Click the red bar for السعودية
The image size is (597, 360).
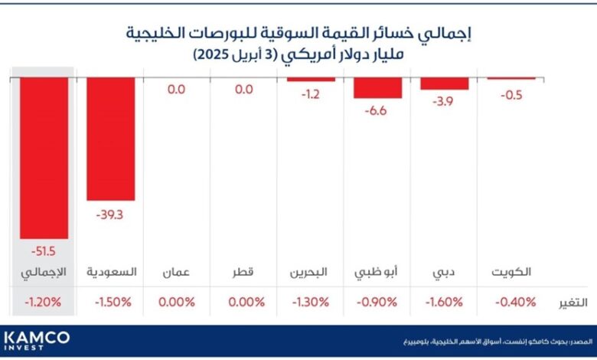(110, 139)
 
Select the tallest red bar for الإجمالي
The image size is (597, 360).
(44, 157)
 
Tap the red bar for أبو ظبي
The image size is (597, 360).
(377, 88)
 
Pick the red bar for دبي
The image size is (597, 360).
(444, 83)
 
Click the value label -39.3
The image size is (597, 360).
(110, 214)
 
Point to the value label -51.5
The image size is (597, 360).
(44, 252)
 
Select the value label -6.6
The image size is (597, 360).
(377, 112)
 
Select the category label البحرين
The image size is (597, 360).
(311, 273)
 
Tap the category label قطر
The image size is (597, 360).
(243, 273)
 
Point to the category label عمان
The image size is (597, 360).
(177, 273)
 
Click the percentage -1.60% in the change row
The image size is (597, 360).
(444, 303)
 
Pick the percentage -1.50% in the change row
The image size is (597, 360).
(110, 303)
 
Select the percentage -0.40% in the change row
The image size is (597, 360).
(511, 303)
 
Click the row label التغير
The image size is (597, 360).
(571, 303)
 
